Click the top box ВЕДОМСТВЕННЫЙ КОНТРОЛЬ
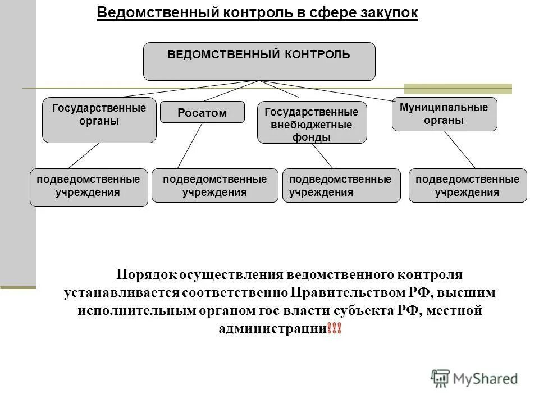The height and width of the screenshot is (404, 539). [x=259, y=61]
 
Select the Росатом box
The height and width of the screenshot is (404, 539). [x=202, y=112]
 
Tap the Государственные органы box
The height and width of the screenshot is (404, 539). [x=99, y=120]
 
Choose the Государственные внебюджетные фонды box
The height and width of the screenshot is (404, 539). [x=312, y=122]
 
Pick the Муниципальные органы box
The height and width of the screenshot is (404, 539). [x=444, y=114]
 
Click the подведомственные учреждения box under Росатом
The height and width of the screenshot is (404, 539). [x=214, y=185]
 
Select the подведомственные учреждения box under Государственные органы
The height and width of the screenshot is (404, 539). [x=89, y=187]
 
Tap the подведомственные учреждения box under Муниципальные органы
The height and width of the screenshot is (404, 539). [x=467, y=185]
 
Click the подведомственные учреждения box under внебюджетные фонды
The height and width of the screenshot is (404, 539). [x=341, y=185]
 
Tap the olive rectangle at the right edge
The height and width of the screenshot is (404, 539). [x=458, y=88]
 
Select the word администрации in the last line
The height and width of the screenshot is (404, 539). [x=272, y=328]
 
